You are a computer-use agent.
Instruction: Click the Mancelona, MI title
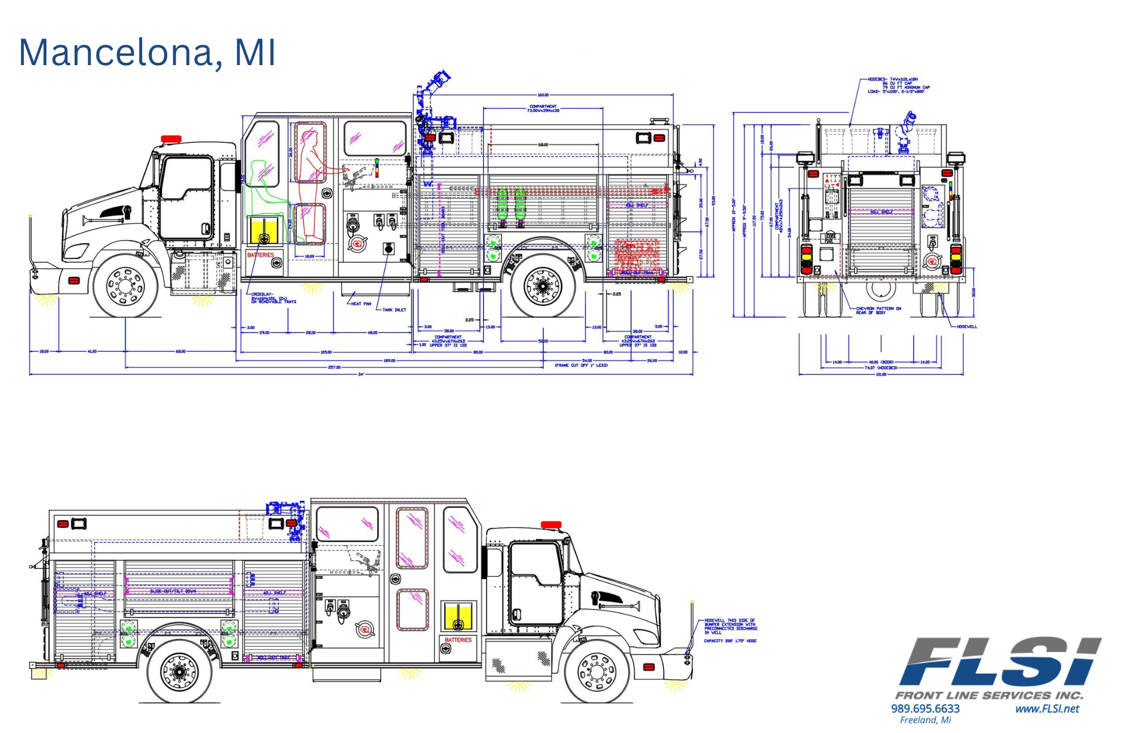coord(147,52)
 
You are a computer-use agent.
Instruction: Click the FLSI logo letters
coord(1000,662)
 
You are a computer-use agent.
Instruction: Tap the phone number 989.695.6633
coord(925,709)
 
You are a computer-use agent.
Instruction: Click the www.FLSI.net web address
coord(1047,709)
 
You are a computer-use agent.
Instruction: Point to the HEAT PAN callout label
coord(361,304)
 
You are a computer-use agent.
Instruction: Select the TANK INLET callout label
coord(394,310)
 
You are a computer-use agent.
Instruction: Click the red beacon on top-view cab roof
coord(171,139)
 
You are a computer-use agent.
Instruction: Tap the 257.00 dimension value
coord(334,367)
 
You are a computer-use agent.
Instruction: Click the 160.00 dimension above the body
coord(543,95)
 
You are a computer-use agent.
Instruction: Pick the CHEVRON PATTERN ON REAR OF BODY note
coord(878,310)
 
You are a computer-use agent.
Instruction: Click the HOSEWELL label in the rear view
coord(966,326)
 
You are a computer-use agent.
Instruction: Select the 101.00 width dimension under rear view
coord(881,374)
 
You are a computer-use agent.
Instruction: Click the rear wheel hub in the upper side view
coord(543,287)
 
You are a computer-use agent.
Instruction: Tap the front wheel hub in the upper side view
coord(126,286)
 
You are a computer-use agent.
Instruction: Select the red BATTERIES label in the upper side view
coord(261,255)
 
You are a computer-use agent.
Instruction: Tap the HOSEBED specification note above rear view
coord(898,85)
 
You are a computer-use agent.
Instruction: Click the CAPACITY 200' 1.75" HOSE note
coord(730,641)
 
